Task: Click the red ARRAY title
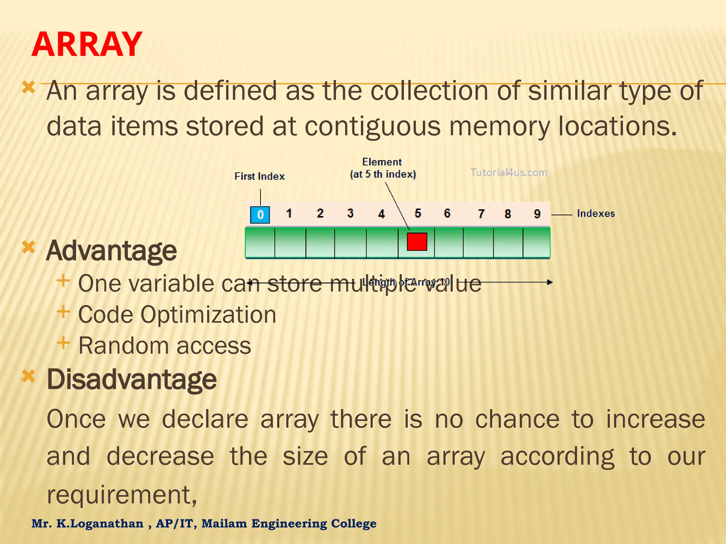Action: [x=87, y=45]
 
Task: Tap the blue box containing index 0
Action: [x=260, y=215]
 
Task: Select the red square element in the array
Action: [x=417, y=242]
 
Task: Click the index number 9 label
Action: [x=537, y=214]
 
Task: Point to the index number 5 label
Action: [x=418, y=213]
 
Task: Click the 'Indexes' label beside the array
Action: [x=596, y=214]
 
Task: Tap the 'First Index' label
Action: [x=259, y=176]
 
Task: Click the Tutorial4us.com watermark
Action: [x=509, y=172]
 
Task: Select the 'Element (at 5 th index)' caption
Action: [x=382, y=168]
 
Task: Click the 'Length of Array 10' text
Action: [x=406, y=282]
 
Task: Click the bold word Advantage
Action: [x=111, y=251]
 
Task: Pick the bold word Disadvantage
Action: [x=132, y=379]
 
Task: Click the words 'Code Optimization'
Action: [x=177, y=314]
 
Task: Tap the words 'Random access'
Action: [x=164, y=346]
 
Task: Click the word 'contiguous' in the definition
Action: [x=373, y=126]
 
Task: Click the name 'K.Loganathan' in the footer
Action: [x=100, y=523]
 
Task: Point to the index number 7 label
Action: [x=481, y=214]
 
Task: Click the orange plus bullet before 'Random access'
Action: [x=63, y=343]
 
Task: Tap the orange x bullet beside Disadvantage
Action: [x=29, y=376]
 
